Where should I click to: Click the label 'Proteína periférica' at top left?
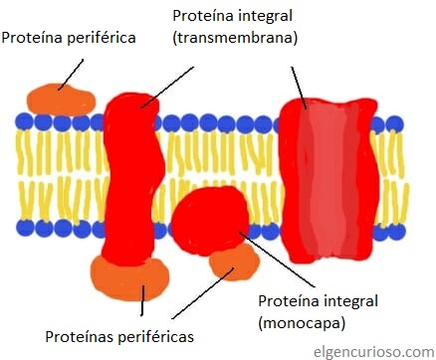point(68,38)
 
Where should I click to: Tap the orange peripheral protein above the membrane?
point(60,98)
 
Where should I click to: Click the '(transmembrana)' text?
point(235,38)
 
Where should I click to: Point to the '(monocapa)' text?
point(301,323)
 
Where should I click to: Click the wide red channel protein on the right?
point(325,179)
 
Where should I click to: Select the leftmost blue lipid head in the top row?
point(23,122)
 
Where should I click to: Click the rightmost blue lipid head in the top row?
point(395,124)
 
